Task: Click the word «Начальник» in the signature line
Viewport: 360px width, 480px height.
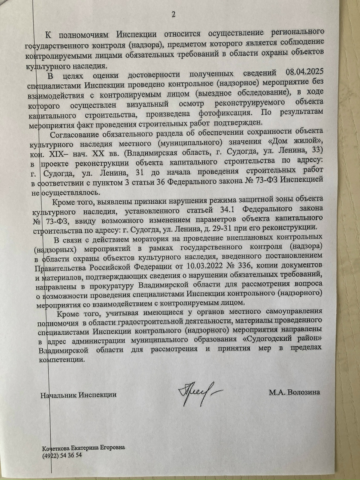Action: click(x=59, y=394)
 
